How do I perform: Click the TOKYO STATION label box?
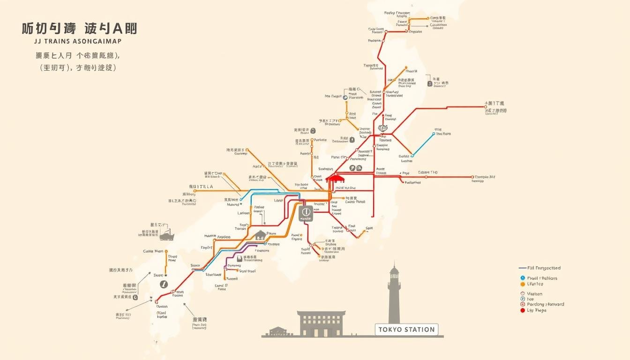pos(406,330)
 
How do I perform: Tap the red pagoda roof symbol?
pos(335,178)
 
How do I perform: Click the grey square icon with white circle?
pos(306,213)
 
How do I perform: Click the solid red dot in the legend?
pos(523,310)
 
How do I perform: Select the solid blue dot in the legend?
pos(523,278)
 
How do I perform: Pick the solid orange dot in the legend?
pos(523,284)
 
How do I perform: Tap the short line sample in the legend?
pos(523,268)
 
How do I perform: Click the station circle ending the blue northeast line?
pos(435,133)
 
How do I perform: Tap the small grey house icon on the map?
pos(261,235)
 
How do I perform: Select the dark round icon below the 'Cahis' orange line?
pos(163,284)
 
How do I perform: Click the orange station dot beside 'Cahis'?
pos(166,251)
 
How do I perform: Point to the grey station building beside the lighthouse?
pos(321,324)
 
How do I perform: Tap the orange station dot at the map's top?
pos(428,19)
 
